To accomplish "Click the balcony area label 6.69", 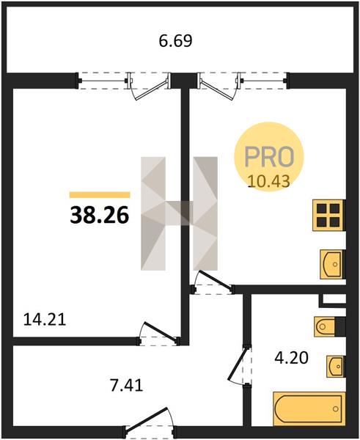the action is click(x=176, y=41).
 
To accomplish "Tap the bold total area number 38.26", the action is click(x=100, y=215).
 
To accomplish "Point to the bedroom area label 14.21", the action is click(x=45, y=320).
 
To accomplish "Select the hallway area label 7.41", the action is click(x=127, y=385).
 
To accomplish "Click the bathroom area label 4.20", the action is click(x=292, y=358).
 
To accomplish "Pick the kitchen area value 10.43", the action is click(x=269, y=181).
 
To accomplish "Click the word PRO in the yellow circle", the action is click(x=269, y=156).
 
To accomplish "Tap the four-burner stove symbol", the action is click(x=328, y=215).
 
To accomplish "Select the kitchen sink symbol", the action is click(x=332, y=264).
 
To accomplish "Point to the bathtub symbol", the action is click(x=309, y=408).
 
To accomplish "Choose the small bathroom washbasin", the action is click(x=335, y=367).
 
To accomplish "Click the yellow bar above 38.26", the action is click(x=100, y=195).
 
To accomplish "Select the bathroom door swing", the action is click(x=240, y=365).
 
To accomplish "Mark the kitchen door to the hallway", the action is click(x=212, y=282).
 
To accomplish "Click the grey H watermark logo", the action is click(x=179, y=213).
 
